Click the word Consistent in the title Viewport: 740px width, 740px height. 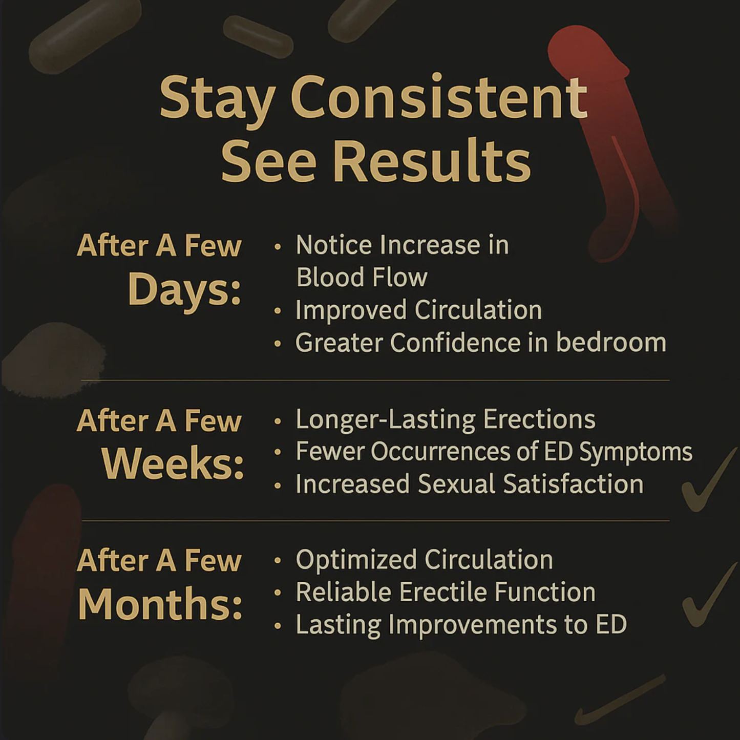[439, 98]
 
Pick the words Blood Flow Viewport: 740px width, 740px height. [362, 278]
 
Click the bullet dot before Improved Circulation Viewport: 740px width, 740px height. [278, 311]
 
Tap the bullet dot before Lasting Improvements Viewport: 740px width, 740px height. [278, 626]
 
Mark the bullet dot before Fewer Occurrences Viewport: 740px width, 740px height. [278, 452]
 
